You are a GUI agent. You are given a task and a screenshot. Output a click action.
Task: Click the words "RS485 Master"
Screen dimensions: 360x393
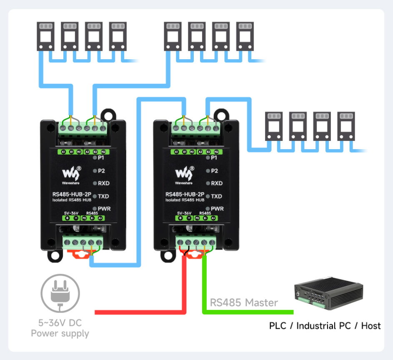pos(244,302)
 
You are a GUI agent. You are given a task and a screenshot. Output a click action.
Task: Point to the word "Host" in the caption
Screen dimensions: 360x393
pos(370,325)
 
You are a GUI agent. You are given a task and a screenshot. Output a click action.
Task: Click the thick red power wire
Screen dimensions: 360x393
pos(183,292)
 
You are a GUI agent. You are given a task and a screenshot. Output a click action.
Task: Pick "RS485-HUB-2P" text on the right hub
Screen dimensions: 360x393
pos(185,194)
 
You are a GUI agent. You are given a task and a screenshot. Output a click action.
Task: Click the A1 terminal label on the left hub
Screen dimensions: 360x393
pos(64,152)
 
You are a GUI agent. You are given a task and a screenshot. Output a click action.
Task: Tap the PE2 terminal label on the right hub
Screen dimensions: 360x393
pos(215,152)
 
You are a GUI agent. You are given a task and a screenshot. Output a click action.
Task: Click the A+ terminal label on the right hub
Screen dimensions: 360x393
pos(213,218)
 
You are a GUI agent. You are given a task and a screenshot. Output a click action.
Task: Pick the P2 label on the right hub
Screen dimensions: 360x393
pos(214,171)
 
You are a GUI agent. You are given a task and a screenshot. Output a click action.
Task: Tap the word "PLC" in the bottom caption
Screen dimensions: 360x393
pos(278,325)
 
